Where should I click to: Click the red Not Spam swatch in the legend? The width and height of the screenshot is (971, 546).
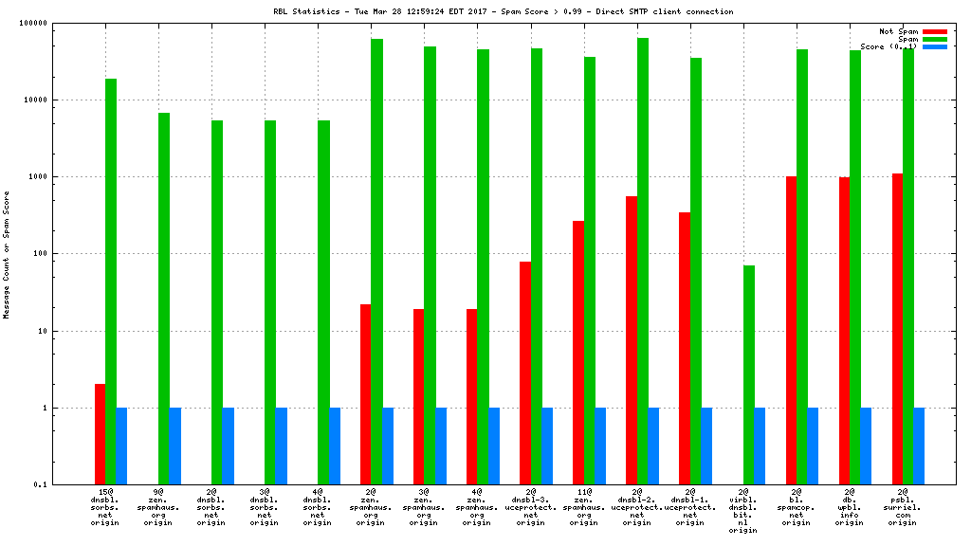click(934, 31)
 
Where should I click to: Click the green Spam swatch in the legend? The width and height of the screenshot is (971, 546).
click(934, 39)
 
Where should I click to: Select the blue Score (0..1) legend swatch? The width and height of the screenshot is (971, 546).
click(934, 46)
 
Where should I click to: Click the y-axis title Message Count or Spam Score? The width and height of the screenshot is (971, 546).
click(7, 254)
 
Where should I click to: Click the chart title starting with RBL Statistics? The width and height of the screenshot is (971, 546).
click(485, 11)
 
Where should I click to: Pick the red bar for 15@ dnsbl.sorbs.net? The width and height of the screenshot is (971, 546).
click(100, 434)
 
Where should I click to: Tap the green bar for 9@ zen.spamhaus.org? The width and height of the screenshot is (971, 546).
click(164, 299)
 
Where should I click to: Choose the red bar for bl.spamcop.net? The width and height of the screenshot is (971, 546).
click(791, 330)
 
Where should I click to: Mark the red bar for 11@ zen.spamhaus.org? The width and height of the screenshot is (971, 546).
click(578, 353)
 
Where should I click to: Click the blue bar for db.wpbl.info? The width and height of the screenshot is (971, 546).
click(866, 446)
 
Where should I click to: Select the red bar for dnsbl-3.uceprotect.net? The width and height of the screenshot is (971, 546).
click(525, 373)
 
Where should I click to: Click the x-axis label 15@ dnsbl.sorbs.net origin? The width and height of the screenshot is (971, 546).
click(105, 508)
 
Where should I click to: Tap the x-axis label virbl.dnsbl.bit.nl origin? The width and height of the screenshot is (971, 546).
click(744, 511)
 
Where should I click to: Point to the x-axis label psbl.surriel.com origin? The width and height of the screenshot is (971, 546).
click(903, 508)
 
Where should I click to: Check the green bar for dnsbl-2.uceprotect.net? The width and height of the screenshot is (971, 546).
click(643, 261)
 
